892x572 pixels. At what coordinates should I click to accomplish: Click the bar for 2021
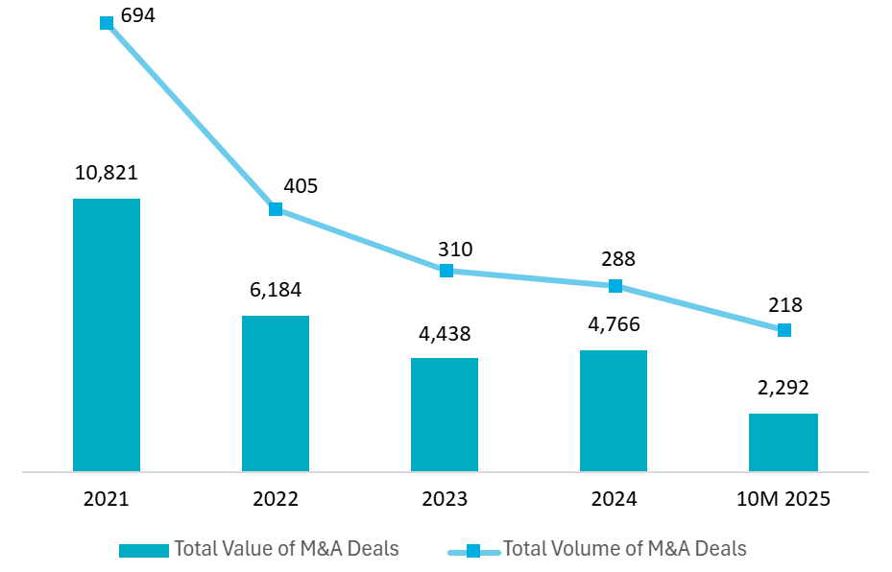click(107, 335)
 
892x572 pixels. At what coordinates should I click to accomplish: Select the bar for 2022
click(276, 393)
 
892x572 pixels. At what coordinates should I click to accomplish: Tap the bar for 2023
click(445, 415)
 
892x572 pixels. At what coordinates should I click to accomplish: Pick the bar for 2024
click(614, 411)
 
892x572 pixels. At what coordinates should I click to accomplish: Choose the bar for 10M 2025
click(784, 442)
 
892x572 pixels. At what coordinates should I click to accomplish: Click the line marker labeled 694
click(107, 23)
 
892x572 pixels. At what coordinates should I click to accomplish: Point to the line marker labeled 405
click(276, 209)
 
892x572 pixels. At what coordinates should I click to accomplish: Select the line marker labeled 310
click(446, 271)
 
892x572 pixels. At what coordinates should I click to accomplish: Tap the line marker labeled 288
click(615, 286)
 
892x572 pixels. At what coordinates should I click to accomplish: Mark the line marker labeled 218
click(784, 330)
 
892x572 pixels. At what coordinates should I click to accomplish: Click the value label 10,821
click(107, 173)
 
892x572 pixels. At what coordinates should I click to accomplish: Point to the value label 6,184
click(276, 290)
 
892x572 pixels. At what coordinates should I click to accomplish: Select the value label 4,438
click(445, 333)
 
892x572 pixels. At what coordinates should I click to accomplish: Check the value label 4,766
click(614, 324)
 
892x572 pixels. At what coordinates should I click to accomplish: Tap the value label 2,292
click(784, 388)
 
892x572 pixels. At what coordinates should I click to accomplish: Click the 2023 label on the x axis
click(445, 500)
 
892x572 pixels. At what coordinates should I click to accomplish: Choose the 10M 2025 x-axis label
click(784, 500)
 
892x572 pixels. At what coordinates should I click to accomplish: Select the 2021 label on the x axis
click(107, 500)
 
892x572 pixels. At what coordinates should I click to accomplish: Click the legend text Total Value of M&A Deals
click(286, 549)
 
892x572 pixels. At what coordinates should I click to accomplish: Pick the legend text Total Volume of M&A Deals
click(625, 549)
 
